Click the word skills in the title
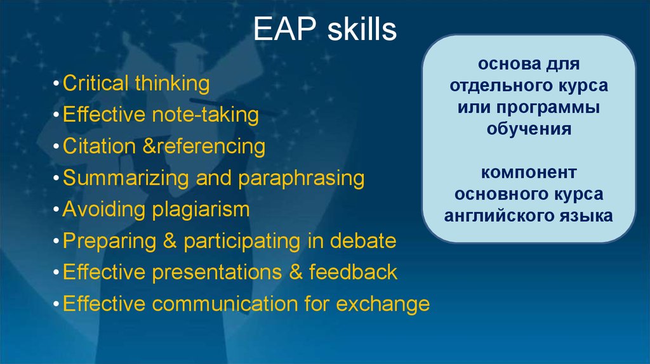coord(362,30)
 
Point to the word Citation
coord(99,146)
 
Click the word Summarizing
coord(127,178)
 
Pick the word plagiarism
coord(199,209)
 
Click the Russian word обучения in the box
coord(529,129)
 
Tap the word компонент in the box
coord(529,172)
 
